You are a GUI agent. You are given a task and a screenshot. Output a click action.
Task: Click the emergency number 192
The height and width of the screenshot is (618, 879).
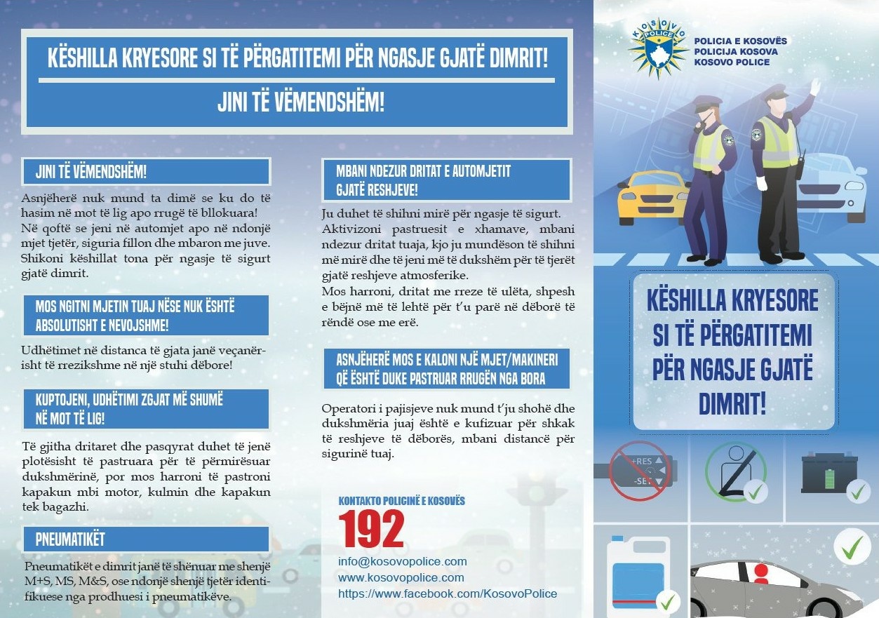coord(371,530)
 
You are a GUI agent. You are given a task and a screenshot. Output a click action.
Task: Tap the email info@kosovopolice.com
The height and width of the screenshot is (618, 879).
coord(402,562)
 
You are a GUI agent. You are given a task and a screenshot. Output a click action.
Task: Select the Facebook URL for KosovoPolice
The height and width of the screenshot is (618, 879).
coord(447,593)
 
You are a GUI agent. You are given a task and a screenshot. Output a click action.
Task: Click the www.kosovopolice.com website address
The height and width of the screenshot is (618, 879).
coord(401,577)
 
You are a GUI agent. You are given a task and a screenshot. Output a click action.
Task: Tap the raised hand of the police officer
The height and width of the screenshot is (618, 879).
coord(814,86)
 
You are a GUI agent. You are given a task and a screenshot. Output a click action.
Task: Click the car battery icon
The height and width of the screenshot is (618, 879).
coord(827,473)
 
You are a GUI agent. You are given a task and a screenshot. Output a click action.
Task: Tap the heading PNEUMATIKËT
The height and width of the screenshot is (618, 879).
coord(70,539)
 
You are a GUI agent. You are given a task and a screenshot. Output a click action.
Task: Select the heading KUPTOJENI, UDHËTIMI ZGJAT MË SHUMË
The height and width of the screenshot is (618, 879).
coord(129,400)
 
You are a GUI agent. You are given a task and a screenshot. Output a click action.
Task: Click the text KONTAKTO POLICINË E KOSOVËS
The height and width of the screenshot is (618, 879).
coord(401,501)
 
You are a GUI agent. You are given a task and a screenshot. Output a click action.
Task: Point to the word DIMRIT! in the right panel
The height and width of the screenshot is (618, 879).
coord(732,403)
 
